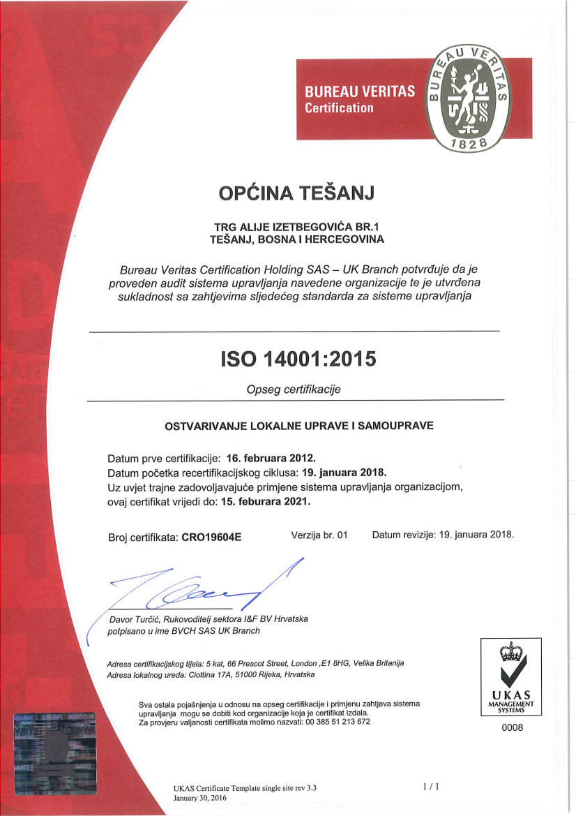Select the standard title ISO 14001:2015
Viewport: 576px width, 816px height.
(x=298, y=359)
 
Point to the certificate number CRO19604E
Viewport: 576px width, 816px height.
(x=211, y=537)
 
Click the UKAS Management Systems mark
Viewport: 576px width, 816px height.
(x=512, y=677)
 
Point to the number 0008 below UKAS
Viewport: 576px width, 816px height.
(x=512, y=727)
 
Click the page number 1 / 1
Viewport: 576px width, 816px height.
(x=431, y=787)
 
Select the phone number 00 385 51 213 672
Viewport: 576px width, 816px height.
(x=338, y=721)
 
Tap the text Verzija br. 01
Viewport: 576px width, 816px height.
(x=319, y=535)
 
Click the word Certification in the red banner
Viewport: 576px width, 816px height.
(x=340, y=108)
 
